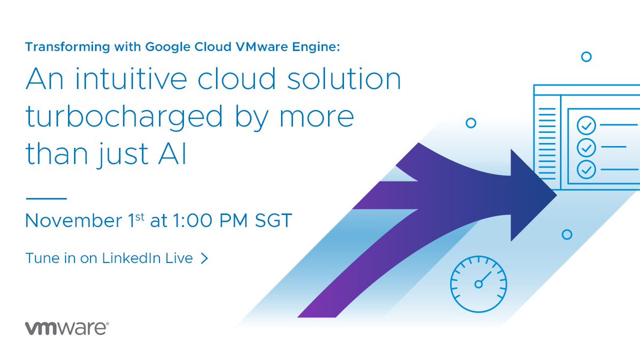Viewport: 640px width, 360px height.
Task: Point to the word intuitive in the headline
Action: [x=129, y=79]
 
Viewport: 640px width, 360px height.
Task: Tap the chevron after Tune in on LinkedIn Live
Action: [x=203, y=259]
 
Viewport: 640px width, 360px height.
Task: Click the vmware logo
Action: [x=67, y=328]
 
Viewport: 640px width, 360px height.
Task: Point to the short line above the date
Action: [x=46, y=198]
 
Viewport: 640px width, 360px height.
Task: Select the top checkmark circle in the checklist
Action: [x=586, y=126]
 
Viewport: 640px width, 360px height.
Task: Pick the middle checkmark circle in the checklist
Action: [x=586, y=147]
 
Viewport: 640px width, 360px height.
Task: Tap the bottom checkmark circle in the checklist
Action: [x=586, y=169]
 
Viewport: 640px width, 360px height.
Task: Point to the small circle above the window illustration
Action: [x=586, y=57]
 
